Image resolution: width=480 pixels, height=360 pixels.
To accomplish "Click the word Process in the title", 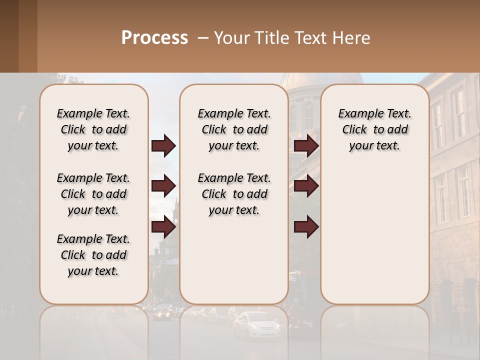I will click(x=154, y=37).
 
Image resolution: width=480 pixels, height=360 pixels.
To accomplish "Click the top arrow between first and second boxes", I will click(x=163, y=146).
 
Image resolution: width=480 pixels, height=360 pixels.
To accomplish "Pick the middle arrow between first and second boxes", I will click(x=163, y=186).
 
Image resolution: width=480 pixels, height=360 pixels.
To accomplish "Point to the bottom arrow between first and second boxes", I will click(x=163, y=227).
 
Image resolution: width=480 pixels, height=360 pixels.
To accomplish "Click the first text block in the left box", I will click(x=93, y=129).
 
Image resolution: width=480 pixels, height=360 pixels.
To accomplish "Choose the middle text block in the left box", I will click(x=93, y=194).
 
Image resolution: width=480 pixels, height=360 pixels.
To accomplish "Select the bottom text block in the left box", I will click(x=93, y=255).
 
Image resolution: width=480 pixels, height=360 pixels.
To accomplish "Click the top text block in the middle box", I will click(x=234, y=129).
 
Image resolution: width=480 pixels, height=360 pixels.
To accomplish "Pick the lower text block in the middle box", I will click(x=234, y=194).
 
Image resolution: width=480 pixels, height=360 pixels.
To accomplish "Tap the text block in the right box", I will click(x=374, y=129).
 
